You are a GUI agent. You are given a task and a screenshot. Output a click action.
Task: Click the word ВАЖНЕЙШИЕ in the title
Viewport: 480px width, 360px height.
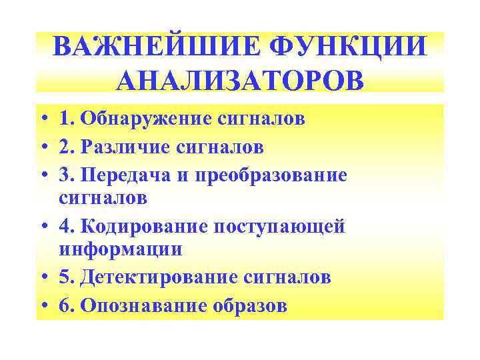153,48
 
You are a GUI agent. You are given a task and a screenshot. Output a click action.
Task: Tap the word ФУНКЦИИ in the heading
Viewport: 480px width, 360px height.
346,48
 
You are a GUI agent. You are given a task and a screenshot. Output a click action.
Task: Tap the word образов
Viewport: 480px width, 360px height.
251,305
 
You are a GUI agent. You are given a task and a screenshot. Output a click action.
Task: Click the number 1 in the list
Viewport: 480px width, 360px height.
64,120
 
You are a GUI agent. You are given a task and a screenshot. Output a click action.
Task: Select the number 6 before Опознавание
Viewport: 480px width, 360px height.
64,305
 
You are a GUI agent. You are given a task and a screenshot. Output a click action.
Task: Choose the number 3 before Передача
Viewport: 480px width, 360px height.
64,175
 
